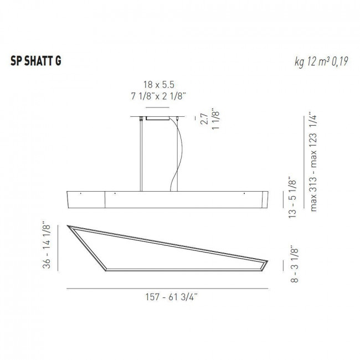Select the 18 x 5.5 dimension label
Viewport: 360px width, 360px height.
pyautogui.click(x=156, y=85)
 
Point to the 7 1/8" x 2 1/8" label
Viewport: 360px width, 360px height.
pyautogui.click(x=156, y=95)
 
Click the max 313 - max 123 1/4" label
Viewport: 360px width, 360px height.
pyautogui.click(x=316, y=167)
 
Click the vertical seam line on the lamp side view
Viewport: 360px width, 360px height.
pyautogui.click(x=105, y=199)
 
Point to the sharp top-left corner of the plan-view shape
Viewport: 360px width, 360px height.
pyautogui.click(x=68, y=225)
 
